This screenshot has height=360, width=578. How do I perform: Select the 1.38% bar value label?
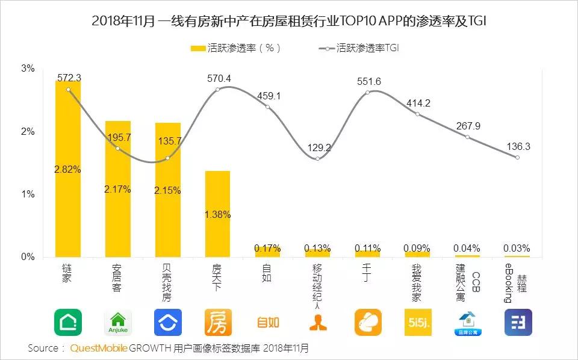click(x=217, y=214)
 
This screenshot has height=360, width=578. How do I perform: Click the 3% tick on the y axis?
click(x=28, y=69)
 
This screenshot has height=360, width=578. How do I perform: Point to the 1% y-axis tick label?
click(x=28, y=194)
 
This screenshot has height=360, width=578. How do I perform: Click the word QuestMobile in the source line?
click(x=99, y=349)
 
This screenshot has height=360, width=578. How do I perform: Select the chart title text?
click(x=289, y=21)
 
